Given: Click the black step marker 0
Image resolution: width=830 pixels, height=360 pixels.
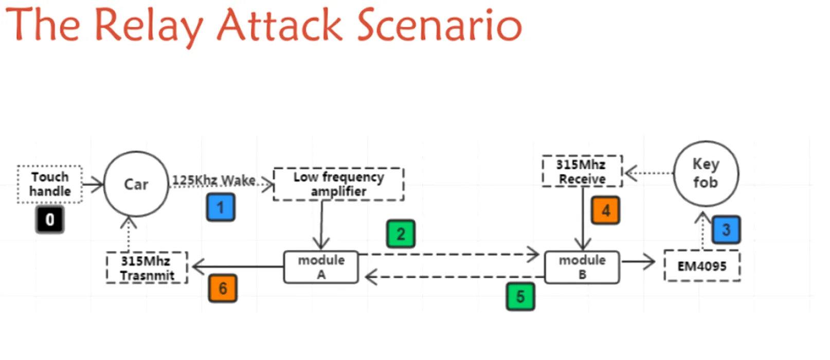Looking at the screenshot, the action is (50, 220).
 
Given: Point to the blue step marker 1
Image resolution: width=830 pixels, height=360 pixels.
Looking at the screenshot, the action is (221, 207).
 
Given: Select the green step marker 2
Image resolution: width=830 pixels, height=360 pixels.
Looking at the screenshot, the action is (401, 234).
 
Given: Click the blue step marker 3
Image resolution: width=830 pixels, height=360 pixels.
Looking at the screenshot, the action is (726, 230).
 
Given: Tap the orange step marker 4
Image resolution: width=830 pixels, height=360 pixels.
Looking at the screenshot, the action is (605, 210).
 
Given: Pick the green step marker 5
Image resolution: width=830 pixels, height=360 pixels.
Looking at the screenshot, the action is (520, 297).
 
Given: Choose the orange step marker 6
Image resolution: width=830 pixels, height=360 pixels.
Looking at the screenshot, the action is (223, 289).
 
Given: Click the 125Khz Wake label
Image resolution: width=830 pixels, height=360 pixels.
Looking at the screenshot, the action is (214, 181).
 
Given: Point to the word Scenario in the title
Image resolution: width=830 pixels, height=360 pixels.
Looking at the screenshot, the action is (440, 25).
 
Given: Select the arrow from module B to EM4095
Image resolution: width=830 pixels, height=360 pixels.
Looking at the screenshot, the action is (638, 261).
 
